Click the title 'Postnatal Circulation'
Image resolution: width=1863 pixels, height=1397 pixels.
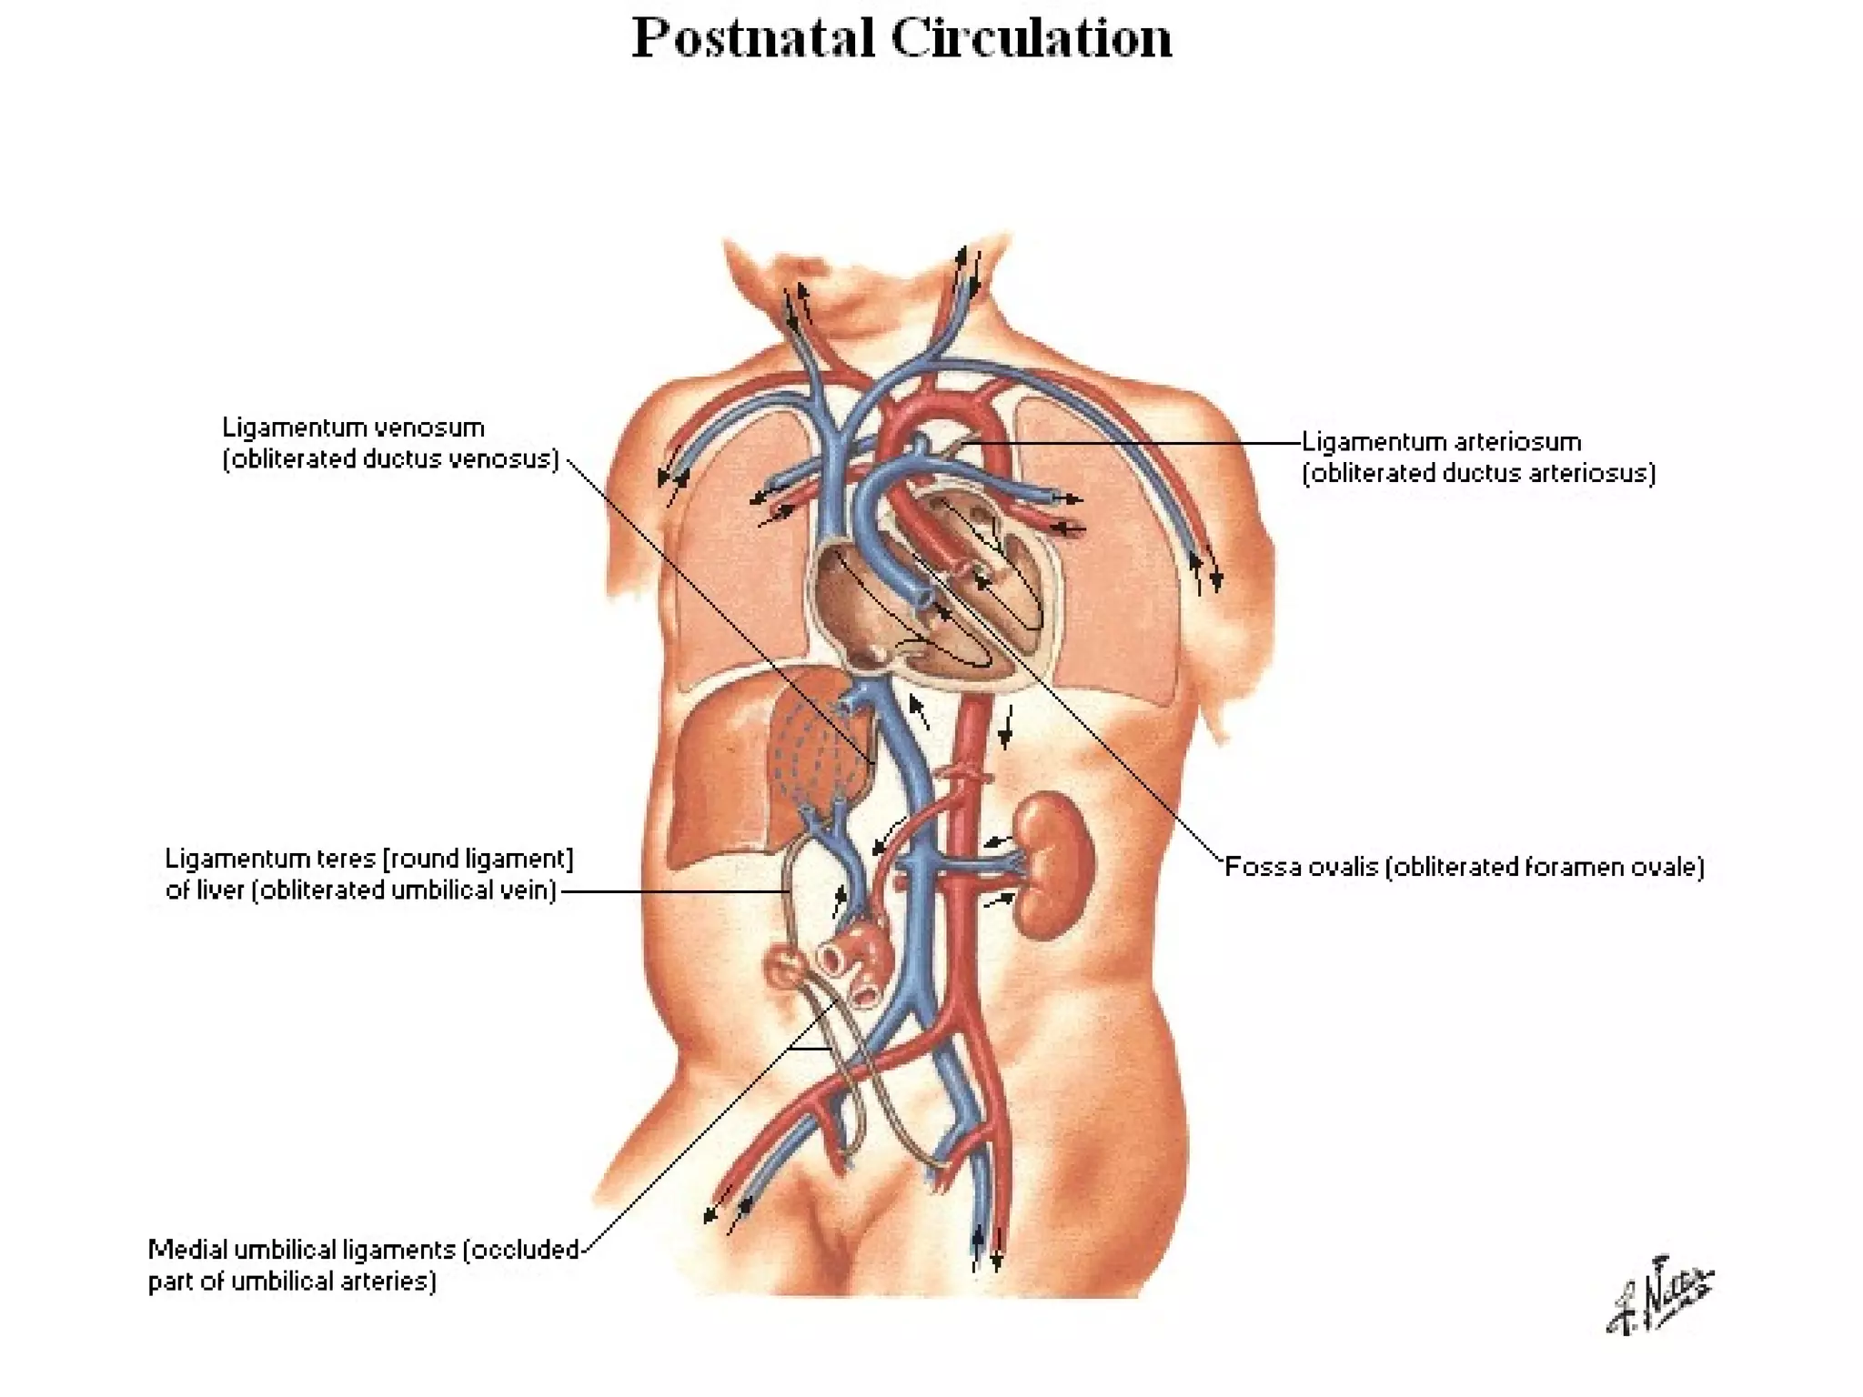[901, 38]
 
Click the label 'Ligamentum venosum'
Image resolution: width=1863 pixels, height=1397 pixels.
[353, 427]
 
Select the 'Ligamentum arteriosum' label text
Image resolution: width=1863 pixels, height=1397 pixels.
[1441, 442]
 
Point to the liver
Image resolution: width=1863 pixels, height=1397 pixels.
[728, 773]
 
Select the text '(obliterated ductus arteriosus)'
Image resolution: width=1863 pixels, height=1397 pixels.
[1478, 473]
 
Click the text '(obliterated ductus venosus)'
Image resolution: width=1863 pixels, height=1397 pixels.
[390, 458]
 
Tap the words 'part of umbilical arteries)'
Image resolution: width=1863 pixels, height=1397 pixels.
[291, 1281]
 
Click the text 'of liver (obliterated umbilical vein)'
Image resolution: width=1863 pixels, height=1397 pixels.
[360, 889]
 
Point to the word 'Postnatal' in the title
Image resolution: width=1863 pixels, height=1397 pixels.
[753, 38]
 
